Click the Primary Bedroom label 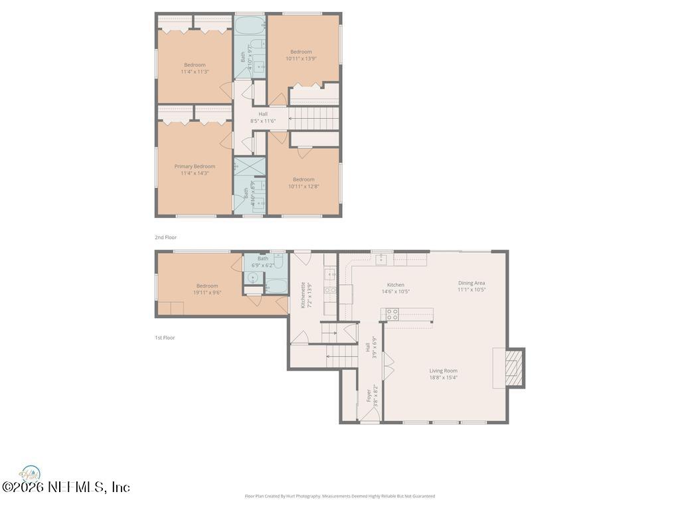[195, 167]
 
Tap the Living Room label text [443, 371]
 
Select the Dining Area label [471, 283]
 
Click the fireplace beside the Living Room [513, 368]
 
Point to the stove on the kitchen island [392, 314]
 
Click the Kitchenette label [303, 294]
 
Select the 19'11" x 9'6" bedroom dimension [207, 292]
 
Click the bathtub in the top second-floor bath [250, 26]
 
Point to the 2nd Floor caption [165, 237]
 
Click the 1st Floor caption [165, 337]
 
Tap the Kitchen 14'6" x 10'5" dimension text [396, 291]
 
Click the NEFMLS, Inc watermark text [66, 487]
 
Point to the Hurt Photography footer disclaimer [339, 496]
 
